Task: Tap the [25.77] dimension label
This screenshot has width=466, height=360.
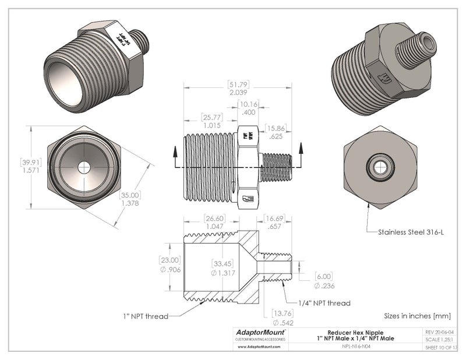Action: click(x=210, y=117)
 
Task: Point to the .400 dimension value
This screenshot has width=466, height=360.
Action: click(x=249, y=112)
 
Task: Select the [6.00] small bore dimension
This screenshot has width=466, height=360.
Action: click(x=324, y=277)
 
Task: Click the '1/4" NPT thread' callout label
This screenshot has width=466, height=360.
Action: click(x=324, y=303)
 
